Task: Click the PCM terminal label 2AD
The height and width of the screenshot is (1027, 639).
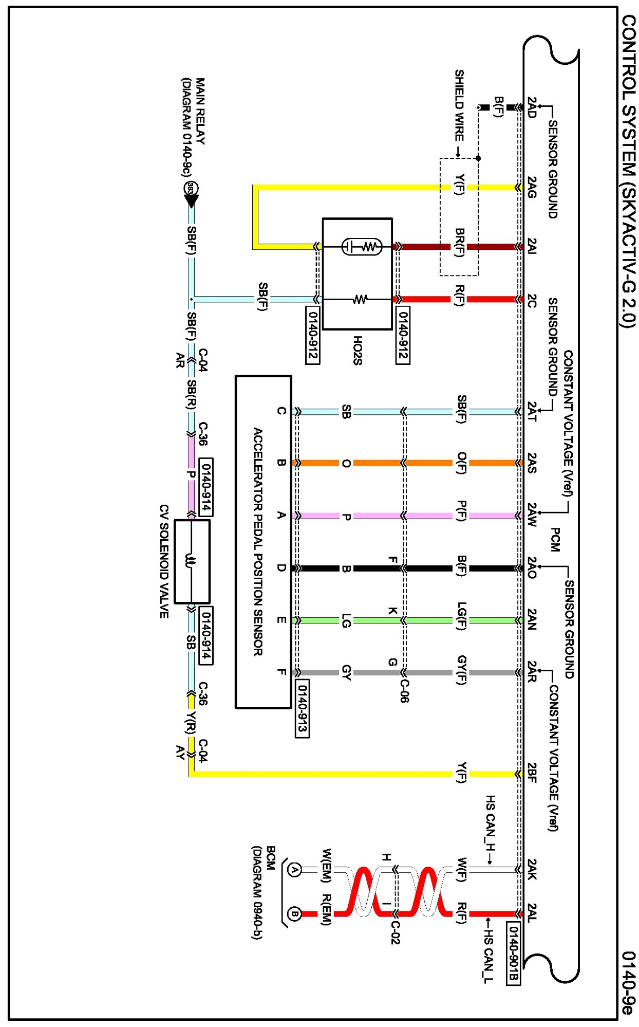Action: [x=532, y=107]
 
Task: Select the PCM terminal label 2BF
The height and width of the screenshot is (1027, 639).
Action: [x=532, y=773]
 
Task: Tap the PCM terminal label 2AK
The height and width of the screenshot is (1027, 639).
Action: [x=532, y=869]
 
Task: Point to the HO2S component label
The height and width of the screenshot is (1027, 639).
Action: [x=358, y=351]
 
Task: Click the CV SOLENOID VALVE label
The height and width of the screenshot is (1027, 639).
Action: [x=164, y=561]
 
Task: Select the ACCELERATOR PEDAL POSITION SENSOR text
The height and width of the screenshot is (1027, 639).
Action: [x=258, y=541]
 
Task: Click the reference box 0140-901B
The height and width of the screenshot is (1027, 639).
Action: [x=513, y=954]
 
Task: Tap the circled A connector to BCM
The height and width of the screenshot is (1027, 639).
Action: [x=294, y=870]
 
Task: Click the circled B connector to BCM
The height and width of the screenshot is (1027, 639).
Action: [x=294, y=914]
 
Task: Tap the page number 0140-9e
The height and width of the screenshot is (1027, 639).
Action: [x=629, y=982]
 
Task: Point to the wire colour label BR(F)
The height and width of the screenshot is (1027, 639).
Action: [x=459, y=243]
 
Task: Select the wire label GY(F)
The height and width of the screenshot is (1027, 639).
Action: [x=462, y=670]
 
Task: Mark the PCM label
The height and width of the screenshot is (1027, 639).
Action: [x=555, y=540]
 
